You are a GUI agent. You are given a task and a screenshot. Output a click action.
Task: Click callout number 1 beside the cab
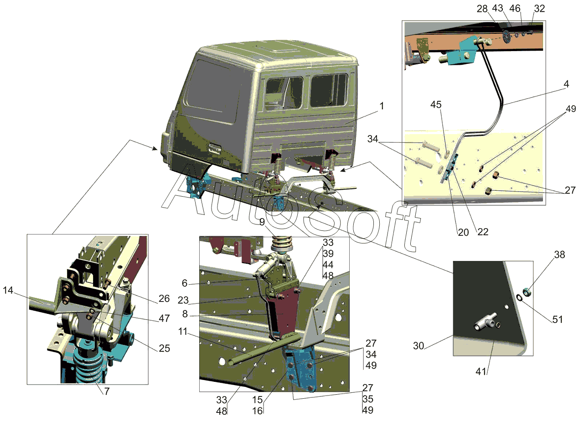pyautogui.click(x=381, y=106)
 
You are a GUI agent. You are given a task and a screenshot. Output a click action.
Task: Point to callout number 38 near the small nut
pyautogui.click(x=559, y=255)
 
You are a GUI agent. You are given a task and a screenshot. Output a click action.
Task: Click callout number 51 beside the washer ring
pyautogui.click(x=558, y=320)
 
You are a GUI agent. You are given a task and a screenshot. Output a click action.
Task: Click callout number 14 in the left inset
pyautogui.click(x=8, y=290)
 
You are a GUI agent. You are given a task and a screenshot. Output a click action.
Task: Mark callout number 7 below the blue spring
pyautogui.click(x=106, y=391)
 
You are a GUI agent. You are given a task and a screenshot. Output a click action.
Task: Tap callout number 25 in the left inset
pyautogui.click(x=164, y=348)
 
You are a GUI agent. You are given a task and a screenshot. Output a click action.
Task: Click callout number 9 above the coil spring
pyautogui.click(x=262, y=222)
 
